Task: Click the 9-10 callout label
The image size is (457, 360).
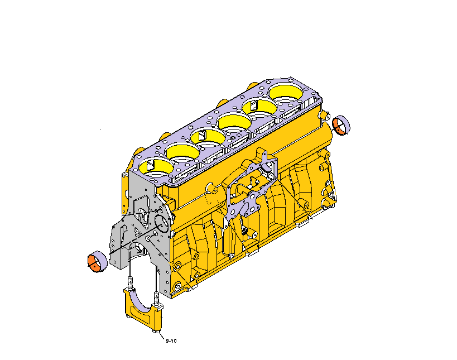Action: tap(171, 339)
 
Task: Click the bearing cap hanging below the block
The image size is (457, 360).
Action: tap(143, 313)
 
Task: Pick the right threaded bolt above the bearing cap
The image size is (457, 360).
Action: tap(156, 298)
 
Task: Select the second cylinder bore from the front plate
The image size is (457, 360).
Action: tap(181, 150)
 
